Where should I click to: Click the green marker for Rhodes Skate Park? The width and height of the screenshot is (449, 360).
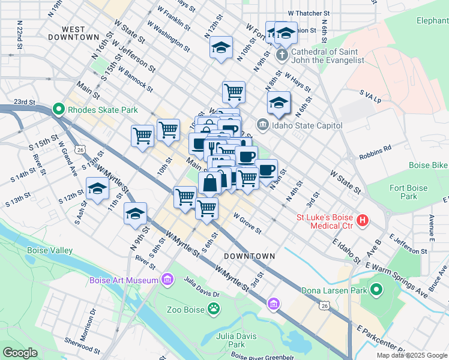pyautogui.click(x=59, y=110)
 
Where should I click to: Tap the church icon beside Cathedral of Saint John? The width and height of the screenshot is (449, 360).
pyautogui.click(x=282, y=56)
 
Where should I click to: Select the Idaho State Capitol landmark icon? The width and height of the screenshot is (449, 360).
pyautogui.click(x=262, y=125)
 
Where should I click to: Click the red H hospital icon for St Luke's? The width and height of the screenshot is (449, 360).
pyautogui.click(x=362, y=221)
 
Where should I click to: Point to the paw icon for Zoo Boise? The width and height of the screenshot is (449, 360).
pyautogui.click(x=214, y=309)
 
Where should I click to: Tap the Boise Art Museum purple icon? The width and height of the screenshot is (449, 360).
pyautogui.click(x=167, y=280)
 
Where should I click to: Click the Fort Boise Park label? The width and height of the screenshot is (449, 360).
pyautogui.click(x=409, y=192)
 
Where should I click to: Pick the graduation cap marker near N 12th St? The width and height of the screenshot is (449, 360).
pyautogui.click(x=221, y=47)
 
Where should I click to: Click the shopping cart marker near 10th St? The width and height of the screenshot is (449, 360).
pyautogui.click(x=168, y=130)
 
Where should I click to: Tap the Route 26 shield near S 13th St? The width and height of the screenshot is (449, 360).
pyautogui.click(x=80, y=149)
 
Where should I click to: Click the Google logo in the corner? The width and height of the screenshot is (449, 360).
pyautogui.click(x=20, y=353)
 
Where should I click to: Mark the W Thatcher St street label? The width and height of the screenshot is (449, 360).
pyautogui.click(x=309, y=12)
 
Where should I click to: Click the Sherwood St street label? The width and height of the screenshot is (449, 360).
pyautogui.click(x=84, y=347)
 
